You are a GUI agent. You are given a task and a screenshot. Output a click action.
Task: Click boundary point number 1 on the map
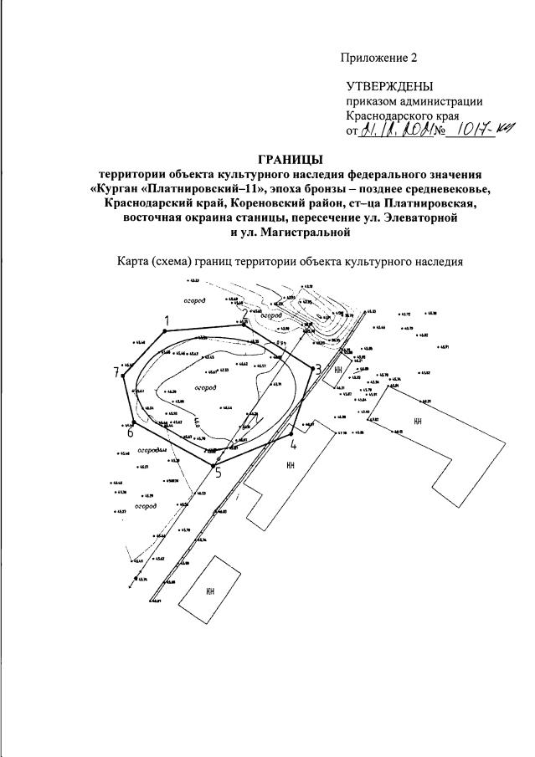click(167, 320)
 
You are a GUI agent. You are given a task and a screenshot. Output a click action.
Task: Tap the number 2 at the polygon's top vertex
click(244, 312)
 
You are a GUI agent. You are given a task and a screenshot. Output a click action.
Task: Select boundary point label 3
click(317, 369)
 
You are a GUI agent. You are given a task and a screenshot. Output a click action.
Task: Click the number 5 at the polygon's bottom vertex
click(218, 474)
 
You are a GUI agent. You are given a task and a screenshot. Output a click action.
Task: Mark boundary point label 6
click(130, 432)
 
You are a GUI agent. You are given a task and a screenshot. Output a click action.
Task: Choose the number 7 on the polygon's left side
click(117, 373)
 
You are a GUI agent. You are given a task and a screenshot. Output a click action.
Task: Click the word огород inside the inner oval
click(205, 388)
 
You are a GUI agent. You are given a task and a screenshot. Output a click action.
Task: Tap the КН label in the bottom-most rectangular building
click(211, 591)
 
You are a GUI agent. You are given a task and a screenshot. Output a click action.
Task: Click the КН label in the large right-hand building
click(417, 422)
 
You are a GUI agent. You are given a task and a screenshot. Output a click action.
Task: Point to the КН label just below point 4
click(291, 464)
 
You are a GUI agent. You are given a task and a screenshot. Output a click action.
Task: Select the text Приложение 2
click(378, 58)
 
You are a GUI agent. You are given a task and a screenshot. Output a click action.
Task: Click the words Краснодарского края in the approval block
click(402, 116)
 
